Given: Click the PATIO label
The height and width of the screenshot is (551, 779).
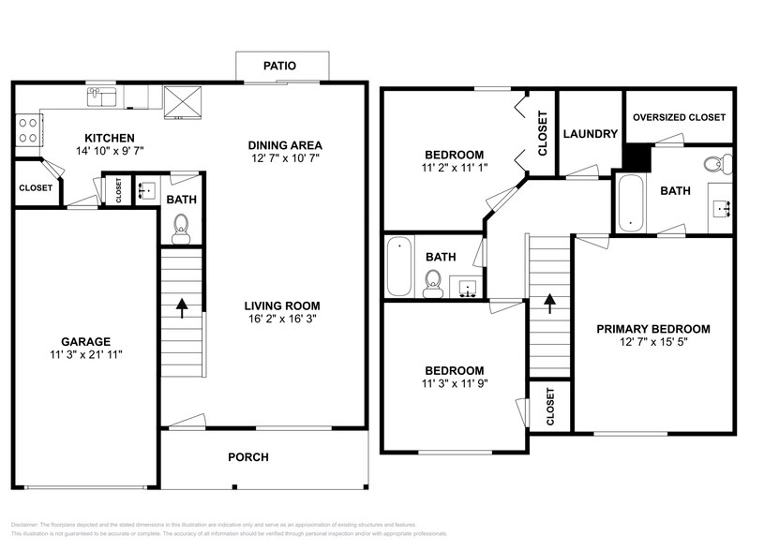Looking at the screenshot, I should pyautogui.click(x=280, y=66).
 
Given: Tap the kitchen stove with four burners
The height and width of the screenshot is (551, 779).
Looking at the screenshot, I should pyautogui.click(x=27, y=128).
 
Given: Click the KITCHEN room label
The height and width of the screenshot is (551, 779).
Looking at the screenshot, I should pyautogui.click(x=110, y=138).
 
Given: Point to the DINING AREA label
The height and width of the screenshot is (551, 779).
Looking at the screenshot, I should pyautogui.click(x=285, y=145).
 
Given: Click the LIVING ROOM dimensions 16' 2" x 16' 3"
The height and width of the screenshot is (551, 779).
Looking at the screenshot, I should pyautogui.click(x=282, y=319).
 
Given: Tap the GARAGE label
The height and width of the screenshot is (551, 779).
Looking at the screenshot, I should pyautogui.click(x=86, y=342).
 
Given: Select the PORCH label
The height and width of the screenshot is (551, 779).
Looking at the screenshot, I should pyautogui.click(x=248, y=457).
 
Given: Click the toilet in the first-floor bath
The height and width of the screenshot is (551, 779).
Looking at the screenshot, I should pyautogui.click(x=182, y=225).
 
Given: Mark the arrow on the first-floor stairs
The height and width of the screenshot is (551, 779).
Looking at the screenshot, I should pyautogui.click(x=181, y=305).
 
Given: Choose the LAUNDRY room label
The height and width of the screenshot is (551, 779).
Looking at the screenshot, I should pyautogui.click(x=590, y=134).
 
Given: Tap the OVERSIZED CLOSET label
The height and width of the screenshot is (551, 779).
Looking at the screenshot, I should pyautogui.click(x=679, y=117).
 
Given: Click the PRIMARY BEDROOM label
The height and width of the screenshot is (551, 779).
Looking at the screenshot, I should pyautogui.click(x=653, y=329).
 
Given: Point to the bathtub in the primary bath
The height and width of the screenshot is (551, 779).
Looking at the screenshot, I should pyautogui.click(x=629, y=201).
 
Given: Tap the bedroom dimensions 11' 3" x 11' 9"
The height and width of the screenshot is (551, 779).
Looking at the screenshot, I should pyautogui.click(x=454, y=383).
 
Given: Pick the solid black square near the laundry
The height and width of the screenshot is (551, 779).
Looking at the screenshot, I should pyautogui.click(x=637, y=156).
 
